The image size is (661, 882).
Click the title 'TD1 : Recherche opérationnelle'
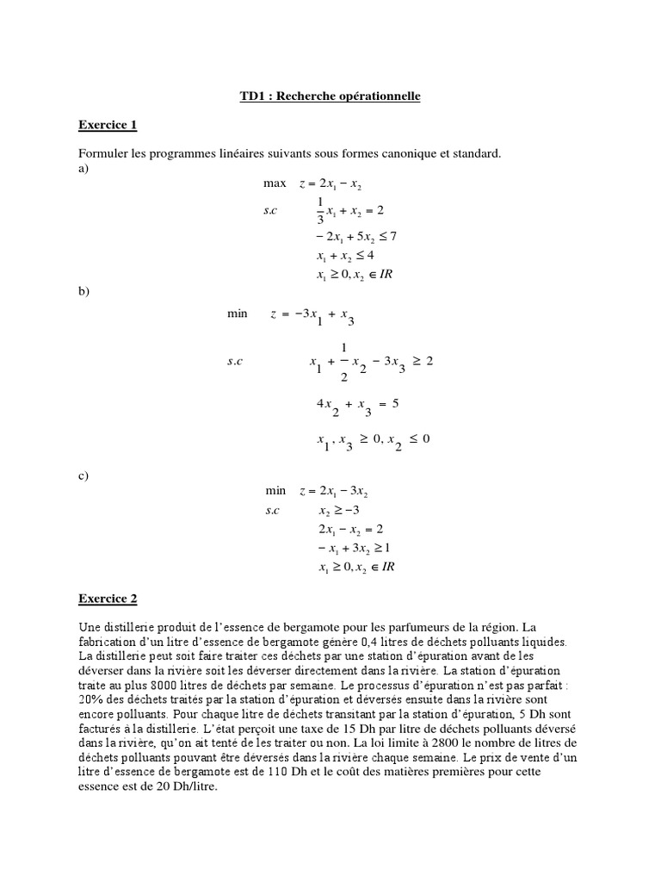(330, 96)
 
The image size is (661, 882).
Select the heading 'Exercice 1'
(107, 125)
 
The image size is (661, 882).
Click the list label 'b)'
(83, 292)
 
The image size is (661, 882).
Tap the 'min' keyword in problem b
(237, 314)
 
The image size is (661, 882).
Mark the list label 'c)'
(83, 474)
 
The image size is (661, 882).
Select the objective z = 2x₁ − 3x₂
(333, 491)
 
